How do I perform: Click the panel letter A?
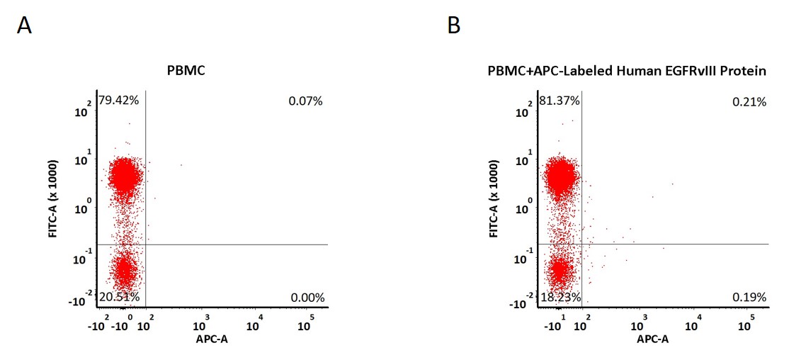click(24, 26)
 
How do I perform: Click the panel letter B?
click(453, 26)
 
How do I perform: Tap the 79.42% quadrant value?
click(118, 100)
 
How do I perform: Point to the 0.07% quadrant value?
click(305, 101)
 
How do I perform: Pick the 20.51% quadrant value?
click(119, 297)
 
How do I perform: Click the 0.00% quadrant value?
click(307, 298)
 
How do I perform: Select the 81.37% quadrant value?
click(560, 101)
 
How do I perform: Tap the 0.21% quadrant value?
click(749, 103)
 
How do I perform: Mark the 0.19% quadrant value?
click(749, 298)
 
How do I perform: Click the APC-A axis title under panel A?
click(212, 340)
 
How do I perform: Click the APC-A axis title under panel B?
click(652, 340)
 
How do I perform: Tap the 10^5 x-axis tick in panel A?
click(305, 322)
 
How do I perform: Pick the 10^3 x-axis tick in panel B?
click(642, 322)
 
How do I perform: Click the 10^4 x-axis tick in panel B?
click(694, 322)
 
